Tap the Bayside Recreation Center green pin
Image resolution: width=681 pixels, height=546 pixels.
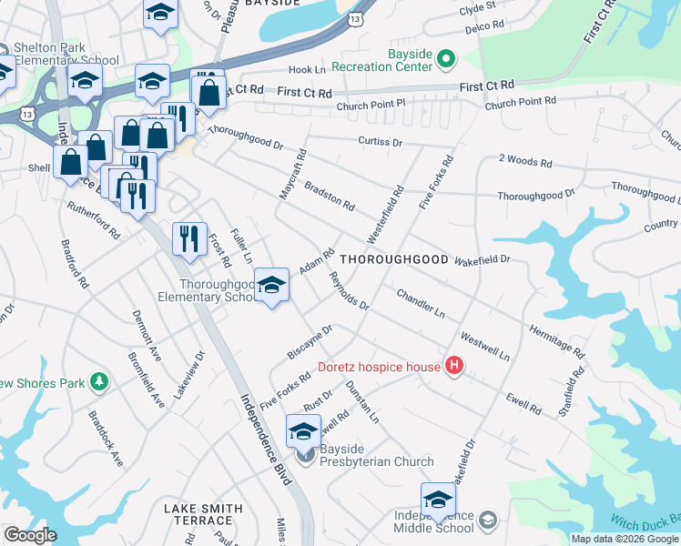(x=445, y=60)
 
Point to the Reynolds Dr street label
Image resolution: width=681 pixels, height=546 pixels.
(x=349, y=291)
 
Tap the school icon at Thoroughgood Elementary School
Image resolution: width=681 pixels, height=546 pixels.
(x=270, y=286)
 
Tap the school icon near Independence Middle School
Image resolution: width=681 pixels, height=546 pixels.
(x=438, y=500)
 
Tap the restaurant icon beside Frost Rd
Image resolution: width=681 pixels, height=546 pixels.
(x=189, y=238)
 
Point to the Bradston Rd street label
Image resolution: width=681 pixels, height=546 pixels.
(x=329, y=193)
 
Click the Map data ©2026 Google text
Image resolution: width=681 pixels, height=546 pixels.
(x=624, y=539)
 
